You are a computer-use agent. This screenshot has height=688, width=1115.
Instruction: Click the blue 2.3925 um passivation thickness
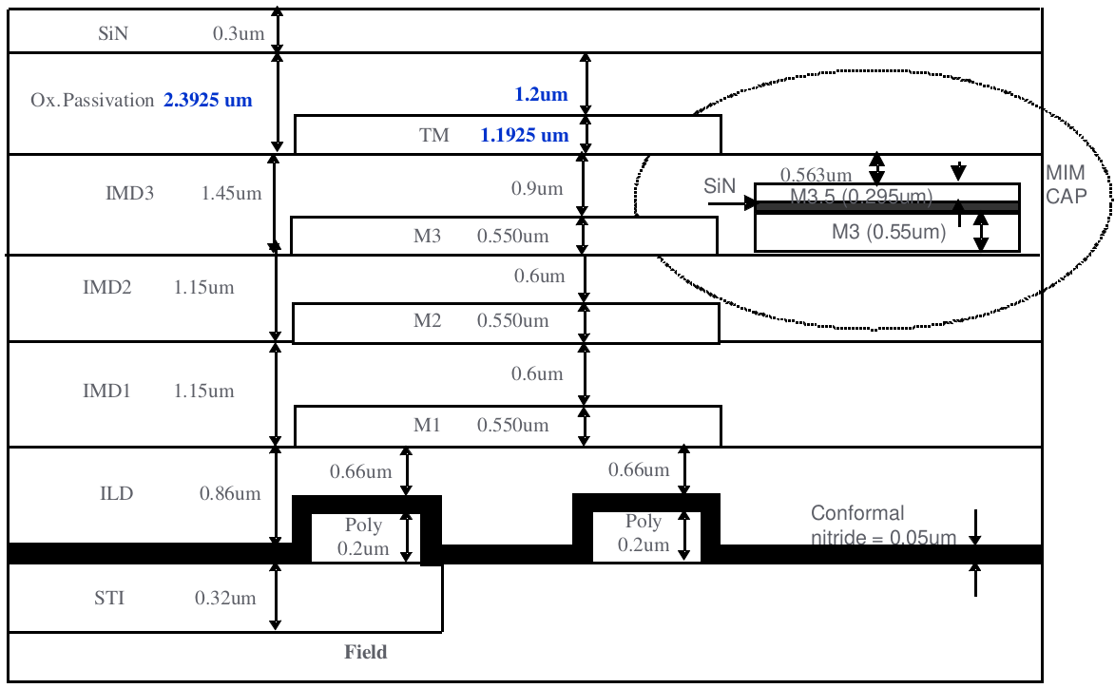(x=208, y=99)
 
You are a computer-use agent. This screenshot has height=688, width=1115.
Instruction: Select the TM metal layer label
(x=434, y=136)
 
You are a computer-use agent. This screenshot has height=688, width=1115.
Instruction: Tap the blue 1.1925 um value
(x=525, y=135)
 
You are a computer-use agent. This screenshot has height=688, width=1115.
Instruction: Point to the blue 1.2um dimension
(x=541, y=94)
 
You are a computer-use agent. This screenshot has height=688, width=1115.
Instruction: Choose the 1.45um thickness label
(x=231, y=193)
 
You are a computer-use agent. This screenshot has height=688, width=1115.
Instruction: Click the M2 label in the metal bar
(x=427, y=321)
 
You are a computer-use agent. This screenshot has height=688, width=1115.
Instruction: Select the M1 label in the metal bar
(x=427, y=426)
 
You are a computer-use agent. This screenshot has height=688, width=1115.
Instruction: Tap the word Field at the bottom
(x=365, y=652)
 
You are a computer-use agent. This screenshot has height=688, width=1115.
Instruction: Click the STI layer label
(x=109, y=599)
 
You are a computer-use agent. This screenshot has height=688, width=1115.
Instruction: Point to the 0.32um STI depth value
(x=225, y=599)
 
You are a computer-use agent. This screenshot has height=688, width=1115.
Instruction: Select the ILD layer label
(x=117, y=494)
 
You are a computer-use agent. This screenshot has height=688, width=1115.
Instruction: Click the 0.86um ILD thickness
(x=230, y=494)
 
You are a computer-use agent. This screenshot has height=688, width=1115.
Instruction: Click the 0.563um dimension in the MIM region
(x=816, y=175)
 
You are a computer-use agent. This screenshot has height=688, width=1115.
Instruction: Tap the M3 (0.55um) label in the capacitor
(x=889, y=231)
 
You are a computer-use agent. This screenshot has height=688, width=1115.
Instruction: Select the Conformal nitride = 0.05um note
(x=883, y=526)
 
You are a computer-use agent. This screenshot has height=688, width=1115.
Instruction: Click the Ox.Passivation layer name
(x=91, y=100)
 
